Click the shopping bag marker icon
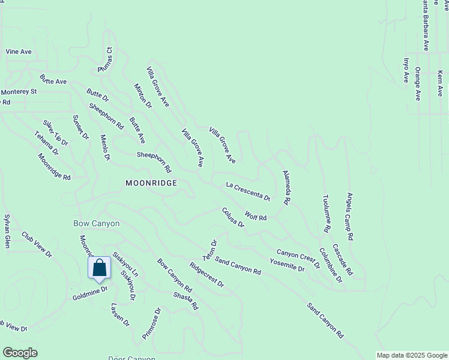100,268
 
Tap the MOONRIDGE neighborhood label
151,183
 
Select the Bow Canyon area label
96,223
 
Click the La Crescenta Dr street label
248,191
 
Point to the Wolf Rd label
256,216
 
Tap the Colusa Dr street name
233,217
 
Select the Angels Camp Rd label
351,217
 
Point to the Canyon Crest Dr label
298,258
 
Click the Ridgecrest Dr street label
206,274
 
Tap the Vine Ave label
18,52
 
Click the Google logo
20,353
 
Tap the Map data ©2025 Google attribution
412,355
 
